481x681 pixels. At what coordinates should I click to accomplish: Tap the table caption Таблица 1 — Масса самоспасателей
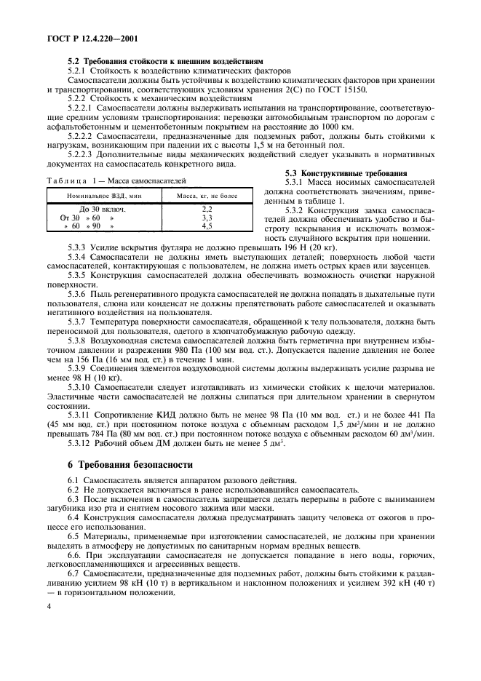[x=116, y=180]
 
